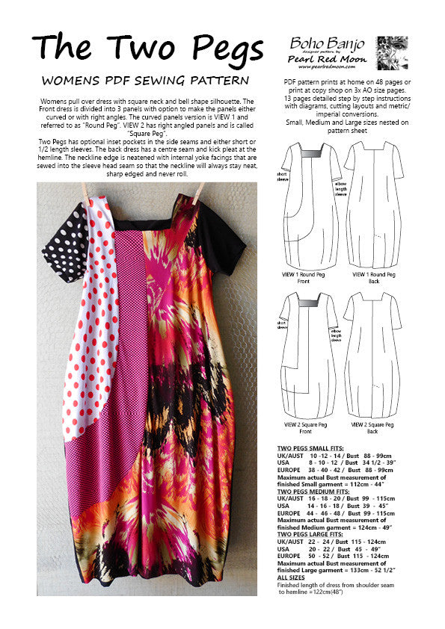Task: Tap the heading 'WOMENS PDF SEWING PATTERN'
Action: click(x=145, y=80)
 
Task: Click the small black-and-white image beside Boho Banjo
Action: click(x=392, y=53)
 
